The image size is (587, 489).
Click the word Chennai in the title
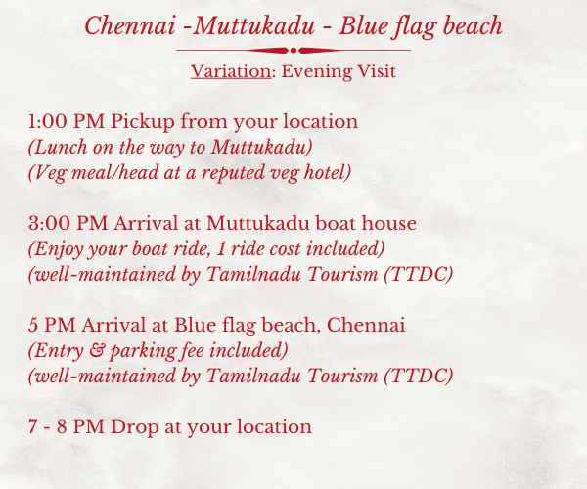130,25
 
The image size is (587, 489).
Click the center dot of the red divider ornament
293,51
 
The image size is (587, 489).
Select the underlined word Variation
231,71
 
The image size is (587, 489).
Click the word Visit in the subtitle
377,71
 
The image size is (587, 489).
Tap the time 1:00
48,122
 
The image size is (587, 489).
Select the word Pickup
143,122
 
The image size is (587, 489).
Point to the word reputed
234,173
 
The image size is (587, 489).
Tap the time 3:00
49,223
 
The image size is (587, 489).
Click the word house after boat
389,223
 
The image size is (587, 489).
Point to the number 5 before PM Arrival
33,325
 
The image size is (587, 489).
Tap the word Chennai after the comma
366,325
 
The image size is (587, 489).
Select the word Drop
134,427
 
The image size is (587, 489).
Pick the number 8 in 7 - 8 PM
62,426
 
